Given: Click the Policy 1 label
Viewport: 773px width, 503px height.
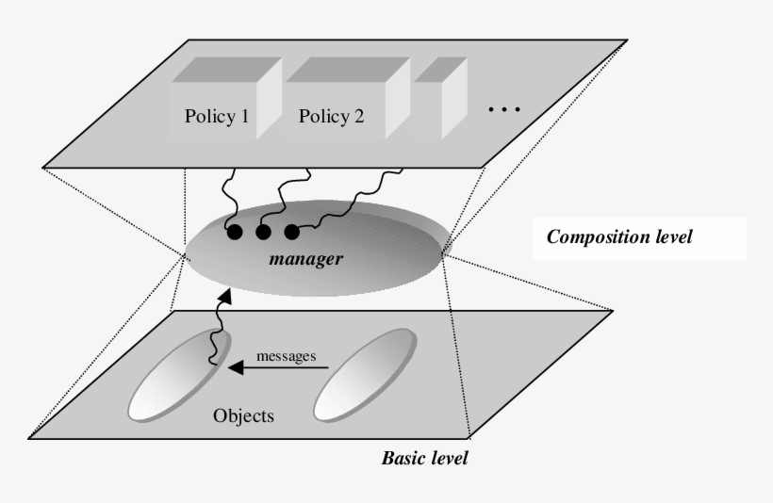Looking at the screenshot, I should click(x=217, y=118).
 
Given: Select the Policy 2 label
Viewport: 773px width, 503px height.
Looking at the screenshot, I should click(x=331, y=118).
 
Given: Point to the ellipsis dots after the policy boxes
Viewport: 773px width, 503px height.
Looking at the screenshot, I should click(x=504, y=110).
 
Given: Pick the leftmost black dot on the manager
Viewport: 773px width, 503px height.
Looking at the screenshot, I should click(x=235, y=231).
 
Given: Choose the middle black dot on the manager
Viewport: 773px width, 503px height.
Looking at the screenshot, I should click(x=263, y=231).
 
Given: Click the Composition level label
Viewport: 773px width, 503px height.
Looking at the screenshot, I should click(x=619, y=237).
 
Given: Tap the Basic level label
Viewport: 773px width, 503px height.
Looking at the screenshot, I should click(x=424, y=459).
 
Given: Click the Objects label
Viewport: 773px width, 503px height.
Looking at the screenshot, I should click(x=243, y=414).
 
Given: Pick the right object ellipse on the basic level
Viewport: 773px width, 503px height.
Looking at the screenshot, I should click(x=364, y=375).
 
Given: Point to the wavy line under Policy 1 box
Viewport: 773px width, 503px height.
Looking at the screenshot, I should click(x=227, y=193).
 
